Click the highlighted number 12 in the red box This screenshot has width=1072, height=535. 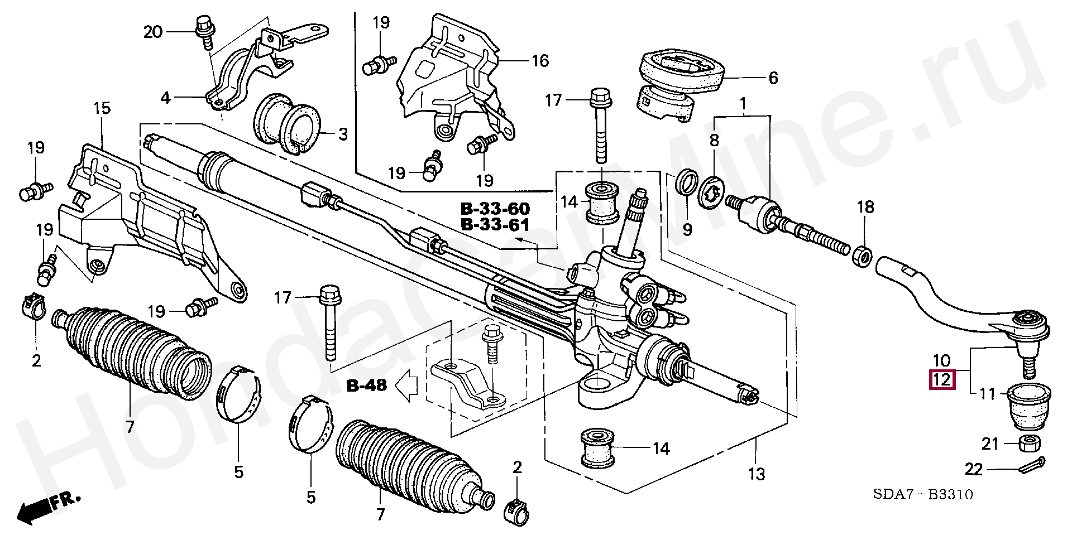[x=941, y=380]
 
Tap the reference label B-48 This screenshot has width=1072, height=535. [x=366, y=385]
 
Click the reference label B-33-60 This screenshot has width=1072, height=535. [x=495, y=209]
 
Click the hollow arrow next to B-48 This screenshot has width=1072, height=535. [x=406, y=385]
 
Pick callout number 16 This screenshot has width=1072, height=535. [x=540, y=60]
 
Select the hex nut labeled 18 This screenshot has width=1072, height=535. [x=864, y=256]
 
